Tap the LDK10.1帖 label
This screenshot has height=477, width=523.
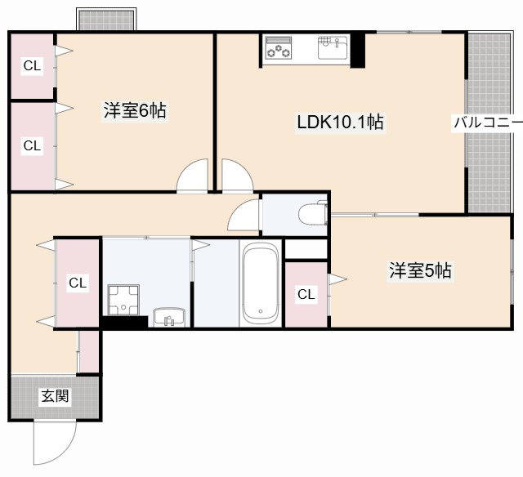(x=340, y=123)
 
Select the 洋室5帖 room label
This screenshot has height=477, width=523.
(x=419, y=270)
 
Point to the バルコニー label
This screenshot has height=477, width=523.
(x=488, y=123)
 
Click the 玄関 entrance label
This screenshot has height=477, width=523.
(x=55, y=397)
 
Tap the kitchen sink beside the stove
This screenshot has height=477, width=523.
(x=333, y=48)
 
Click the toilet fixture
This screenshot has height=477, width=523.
(x=311, y=215)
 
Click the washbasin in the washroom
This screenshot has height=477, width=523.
(x=170, y=317)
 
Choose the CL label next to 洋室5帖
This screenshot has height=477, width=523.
(x=306, y=294)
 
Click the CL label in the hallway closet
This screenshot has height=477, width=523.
(x=77, y=283)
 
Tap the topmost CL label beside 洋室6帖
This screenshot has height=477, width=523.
(x=31, y=66)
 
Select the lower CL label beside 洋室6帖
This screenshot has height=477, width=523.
(x=31, y=145)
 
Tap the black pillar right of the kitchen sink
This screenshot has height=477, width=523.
(x=358, y=51)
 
